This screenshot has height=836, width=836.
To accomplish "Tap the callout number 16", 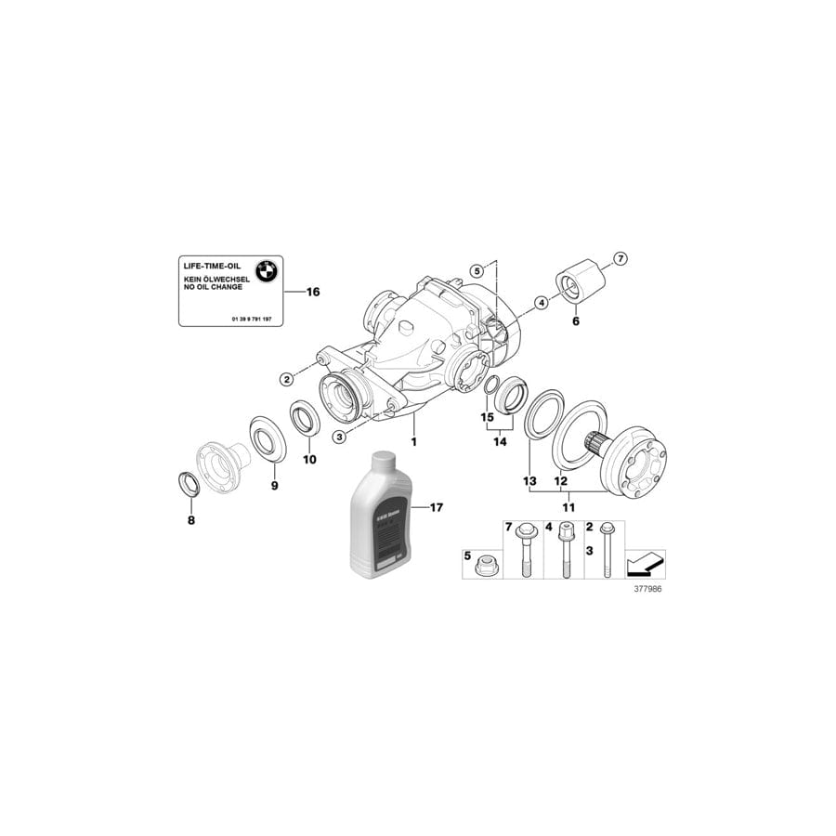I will (311, 292).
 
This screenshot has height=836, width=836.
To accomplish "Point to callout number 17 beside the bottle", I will (435, 507).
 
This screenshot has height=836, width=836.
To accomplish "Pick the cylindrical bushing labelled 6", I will (576, 279).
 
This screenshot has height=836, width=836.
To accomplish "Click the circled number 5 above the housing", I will (477, 271).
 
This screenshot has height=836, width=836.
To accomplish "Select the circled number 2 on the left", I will (288, 378).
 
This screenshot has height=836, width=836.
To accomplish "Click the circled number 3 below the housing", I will (341, 437).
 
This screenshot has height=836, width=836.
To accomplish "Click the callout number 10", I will (310, 459).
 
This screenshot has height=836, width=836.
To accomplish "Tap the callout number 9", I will (274, 485).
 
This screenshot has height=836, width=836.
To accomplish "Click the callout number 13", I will (529, 481).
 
